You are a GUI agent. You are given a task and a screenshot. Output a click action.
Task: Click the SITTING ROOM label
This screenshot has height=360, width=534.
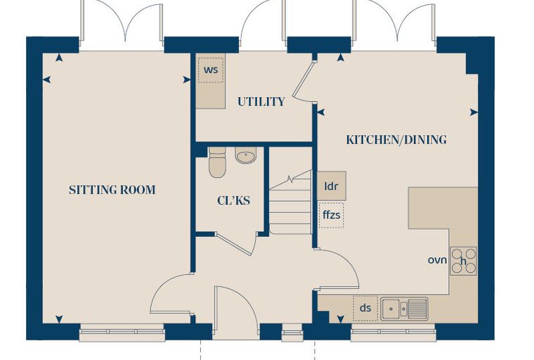click(112, 190)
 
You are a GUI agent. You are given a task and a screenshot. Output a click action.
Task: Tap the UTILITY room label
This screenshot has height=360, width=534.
click(261, 101)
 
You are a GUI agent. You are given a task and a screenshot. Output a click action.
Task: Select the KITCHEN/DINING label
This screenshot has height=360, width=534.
click(396, 140)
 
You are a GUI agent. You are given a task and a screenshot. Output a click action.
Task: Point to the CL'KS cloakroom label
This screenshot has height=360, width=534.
click(233, 200)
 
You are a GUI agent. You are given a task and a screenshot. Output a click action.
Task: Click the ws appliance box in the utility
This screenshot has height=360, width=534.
click(211, 70)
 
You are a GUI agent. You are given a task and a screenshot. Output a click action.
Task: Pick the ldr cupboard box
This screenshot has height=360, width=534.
click(332, 186)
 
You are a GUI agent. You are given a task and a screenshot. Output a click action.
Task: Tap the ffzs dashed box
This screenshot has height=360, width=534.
click(332, 214)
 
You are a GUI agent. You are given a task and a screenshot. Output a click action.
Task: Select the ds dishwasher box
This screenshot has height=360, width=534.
click(365, 308)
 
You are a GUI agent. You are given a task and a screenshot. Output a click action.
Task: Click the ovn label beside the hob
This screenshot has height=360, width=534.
click(437, 260)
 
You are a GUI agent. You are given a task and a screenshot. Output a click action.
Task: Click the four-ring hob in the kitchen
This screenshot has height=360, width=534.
click(464, 261)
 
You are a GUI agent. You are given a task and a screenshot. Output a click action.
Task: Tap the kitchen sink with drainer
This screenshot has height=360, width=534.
click(404, 309)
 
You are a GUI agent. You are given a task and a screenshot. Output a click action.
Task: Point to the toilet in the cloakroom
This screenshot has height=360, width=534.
click(217, 162)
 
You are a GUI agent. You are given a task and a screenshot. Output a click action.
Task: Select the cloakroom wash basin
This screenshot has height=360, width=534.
click(245, 155)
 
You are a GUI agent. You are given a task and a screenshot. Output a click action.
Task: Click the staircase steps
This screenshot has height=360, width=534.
click(290, 202)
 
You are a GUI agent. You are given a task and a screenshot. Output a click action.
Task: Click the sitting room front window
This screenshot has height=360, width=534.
click(122, 332)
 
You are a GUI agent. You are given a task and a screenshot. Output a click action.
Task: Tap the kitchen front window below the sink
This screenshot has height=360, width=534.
click(393, 332)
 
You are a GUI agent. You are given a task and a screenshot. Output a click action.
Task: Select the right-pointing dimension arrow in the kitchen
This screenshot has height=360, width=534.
click(474, 112)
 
